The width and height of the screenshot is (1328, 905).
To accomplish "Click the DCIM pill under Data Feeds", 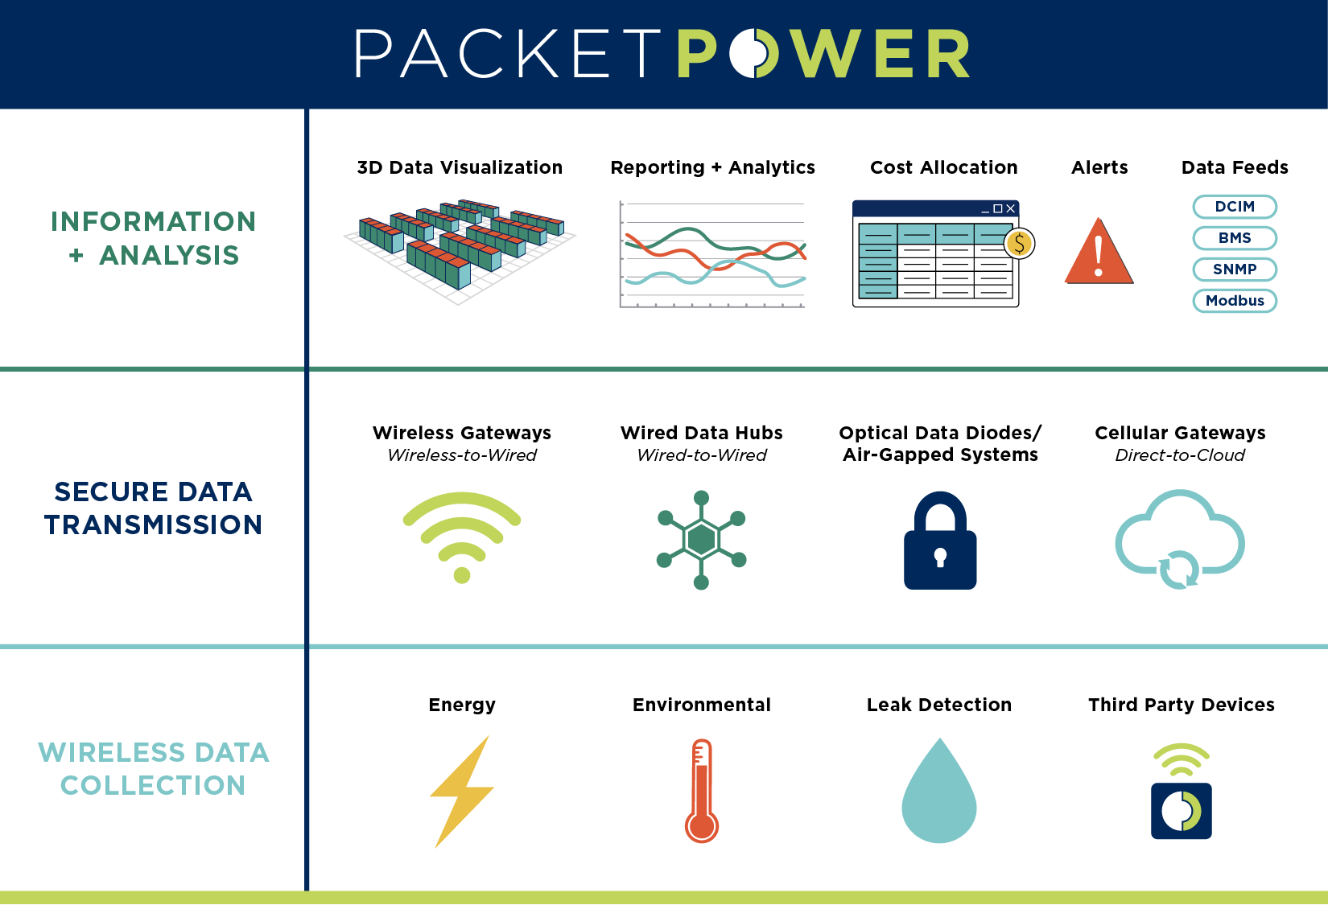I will point(1234,207).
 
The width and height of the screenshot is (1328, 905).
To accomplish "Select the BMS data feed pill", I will point(1234,238).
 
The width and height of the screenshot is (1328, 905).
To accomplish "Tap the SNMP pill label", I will point(1234,269).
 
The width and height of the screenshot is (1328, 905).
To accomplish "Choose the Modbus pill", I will point(1234,301).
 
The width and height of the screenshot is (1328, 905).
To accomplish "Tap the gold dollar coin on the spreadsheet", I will point(1019,243).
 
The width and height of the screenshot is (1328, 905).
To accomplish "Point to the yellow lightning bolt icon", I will point(461,792).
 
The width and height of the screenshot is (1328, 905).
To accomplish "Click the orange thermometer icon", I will point(701,792).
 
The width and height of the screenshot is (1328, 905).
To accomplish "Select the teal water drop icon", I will point(938,796).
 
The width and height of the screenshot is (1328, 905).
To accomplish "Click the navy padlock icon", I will point(939,543).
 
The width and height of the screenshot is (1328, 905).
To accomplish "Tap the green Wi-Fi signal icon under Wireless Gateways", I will point(461,535).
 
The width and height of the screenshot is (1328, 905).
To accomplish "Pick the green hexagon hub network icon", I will point(701,539).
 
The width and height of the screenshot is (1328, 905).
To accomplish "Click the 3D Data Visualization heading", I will point(460,167).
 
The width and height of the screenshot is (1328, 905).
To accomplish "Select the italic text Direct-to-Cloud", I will point(1179,455).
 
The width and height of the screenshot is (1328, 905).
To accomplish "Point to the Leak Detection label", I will point(938,705).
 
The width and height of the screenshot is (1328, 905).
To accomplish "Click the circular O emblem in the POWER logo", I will point(754,54).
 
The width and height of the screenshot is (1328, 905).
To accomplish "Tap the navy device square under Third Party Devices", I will point(1181,811).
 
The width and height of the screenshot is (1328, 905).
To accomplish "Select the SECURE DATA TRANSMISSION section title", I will point(153,508).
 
